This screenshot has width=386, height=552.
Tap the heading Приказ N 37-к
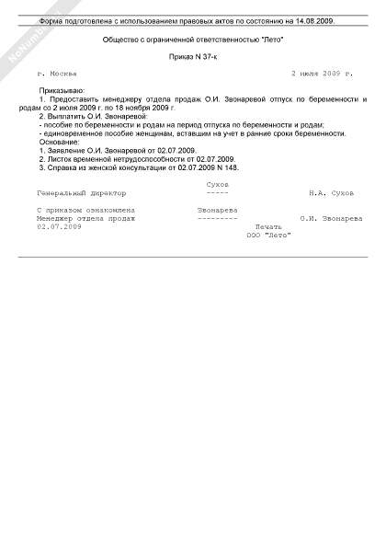tap(193, 56)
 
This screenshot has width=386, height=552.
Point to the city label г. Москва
tap(57, 73)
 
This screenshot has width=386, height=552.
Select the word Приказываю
tap(62, 90)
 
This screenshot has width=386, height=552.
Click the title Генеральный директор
tap(81, 194)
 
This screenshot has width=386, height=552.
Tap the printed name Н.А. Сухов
tap(332, 194)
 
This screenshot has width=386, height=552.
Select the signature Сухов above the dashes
tap(218, 185)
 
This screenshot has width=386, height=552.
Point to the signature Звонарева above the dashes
tap(218, 211)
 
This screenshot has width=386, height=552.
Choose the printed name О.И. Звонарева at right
tap(332, 219)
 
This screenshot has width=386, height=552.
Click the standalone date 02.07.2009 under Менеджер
tap(59, 227)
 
